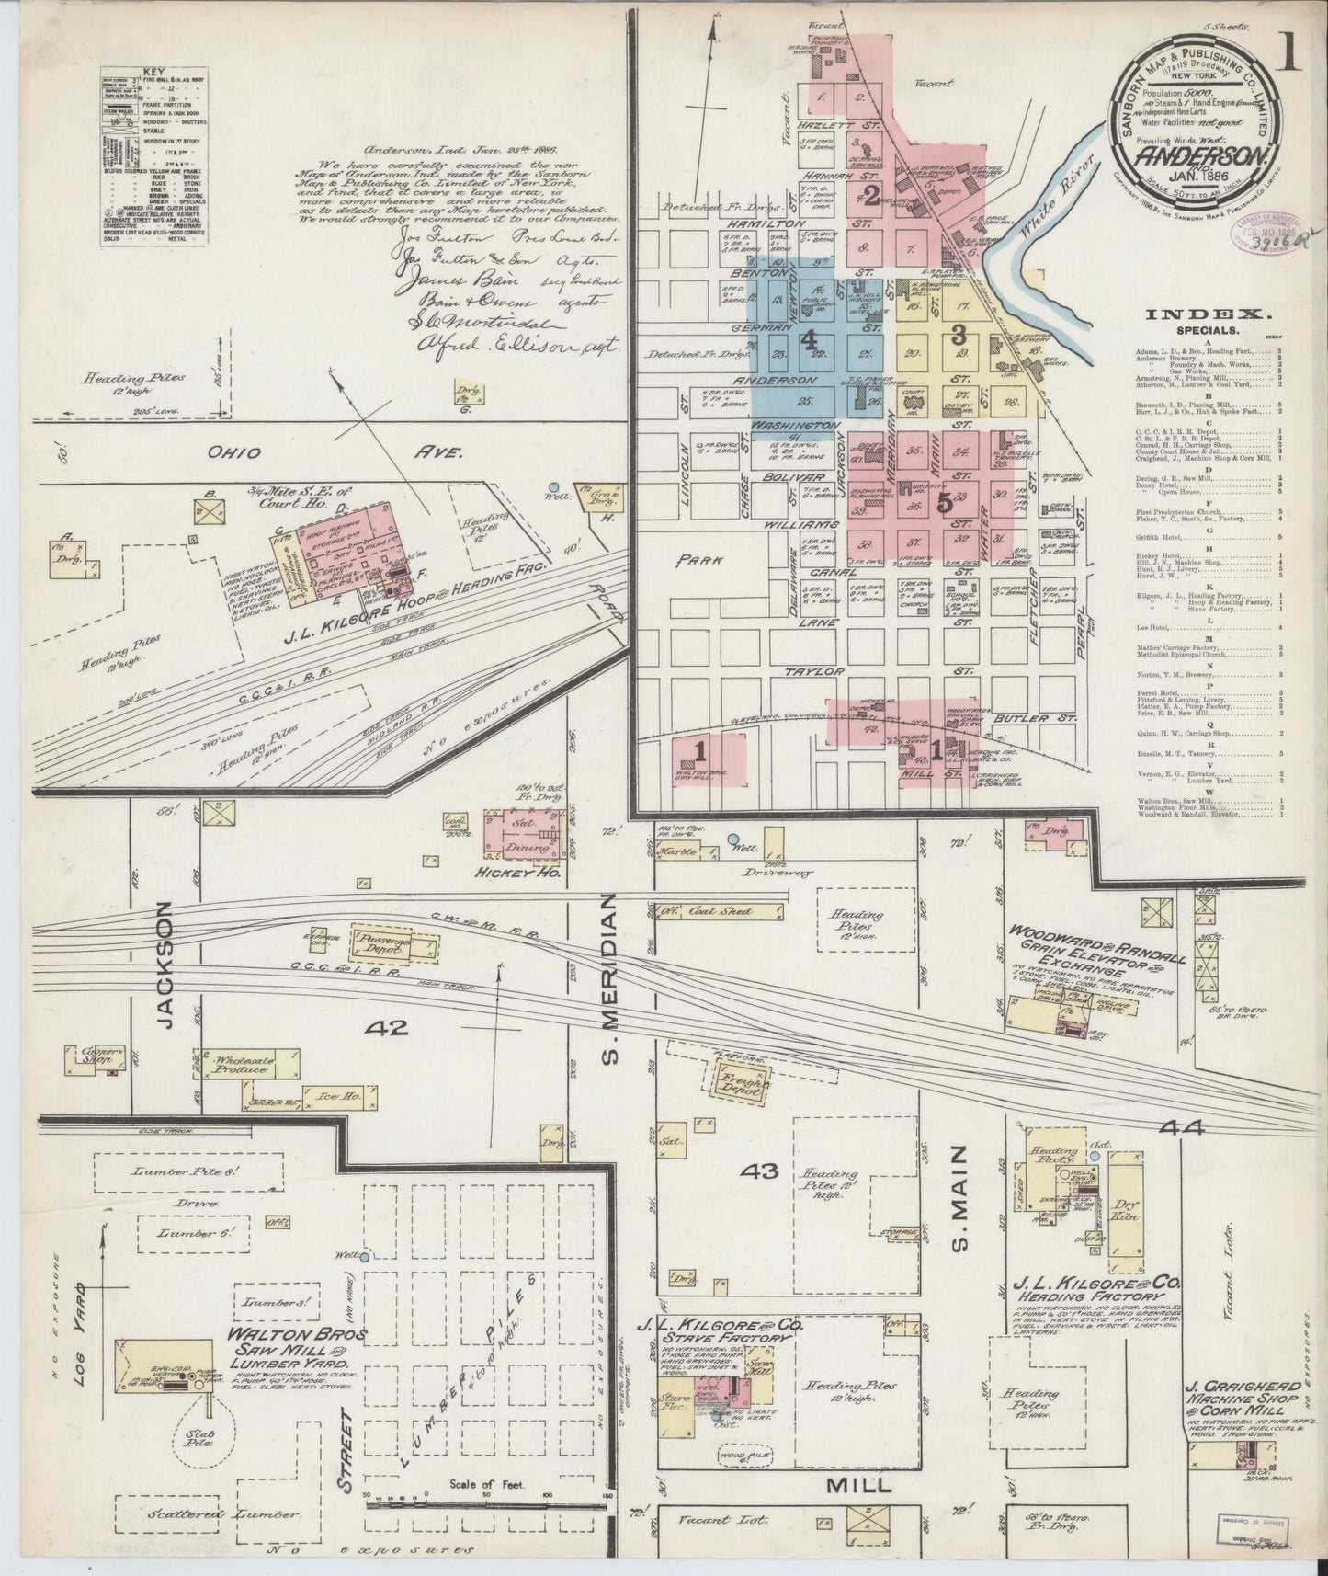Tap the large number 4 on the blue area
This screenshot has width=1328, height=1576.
click(x=809, y=340)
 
